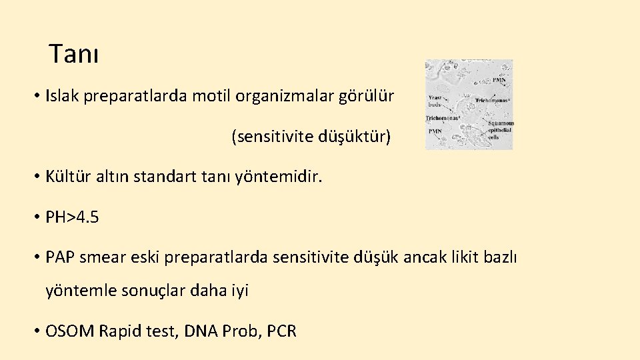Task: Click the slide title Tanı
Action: click(73, 55)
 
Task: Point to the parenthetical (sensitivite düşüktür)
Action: click(311, 137)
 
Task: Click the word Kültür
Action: click(66, 177)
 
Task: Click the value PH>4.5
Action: click(72, 217)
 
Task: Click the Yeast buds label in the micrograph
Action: click(435, 101)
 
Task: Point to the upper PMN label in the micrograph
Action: click(499, 81)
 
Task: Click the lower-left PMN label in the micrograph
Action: click(436, 131)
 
